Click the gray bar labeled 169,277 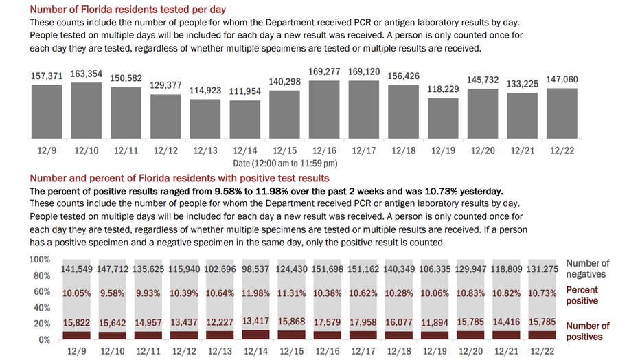[324, 109]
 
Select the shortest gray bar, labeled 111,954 [245, 119]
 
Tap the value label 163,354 [86, 74]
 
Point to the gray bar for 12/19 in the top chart [444, 118]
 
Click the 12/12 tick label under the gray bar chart [165, 150]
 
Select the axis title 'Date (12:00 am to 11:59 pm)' [285, 164]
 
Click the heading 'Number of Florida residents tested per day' [128, 10]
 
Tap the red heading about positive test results [180, 179]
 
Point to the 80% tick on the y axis [42, 275]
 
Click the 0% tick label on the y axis [44, 339]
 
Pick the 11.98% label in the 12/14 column [255, 293]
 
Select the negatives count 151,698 [328, 269]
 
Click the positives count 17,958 [363, 322]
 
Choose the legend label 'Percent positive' [582, 295]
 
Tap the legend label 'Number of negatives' [588, 269]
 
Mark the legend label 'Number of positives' [588, 331]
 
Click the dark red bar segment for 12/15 [291, 335]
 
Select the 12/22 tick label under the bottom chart [542, 351]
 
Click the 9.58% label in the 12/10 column [112, 293]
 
